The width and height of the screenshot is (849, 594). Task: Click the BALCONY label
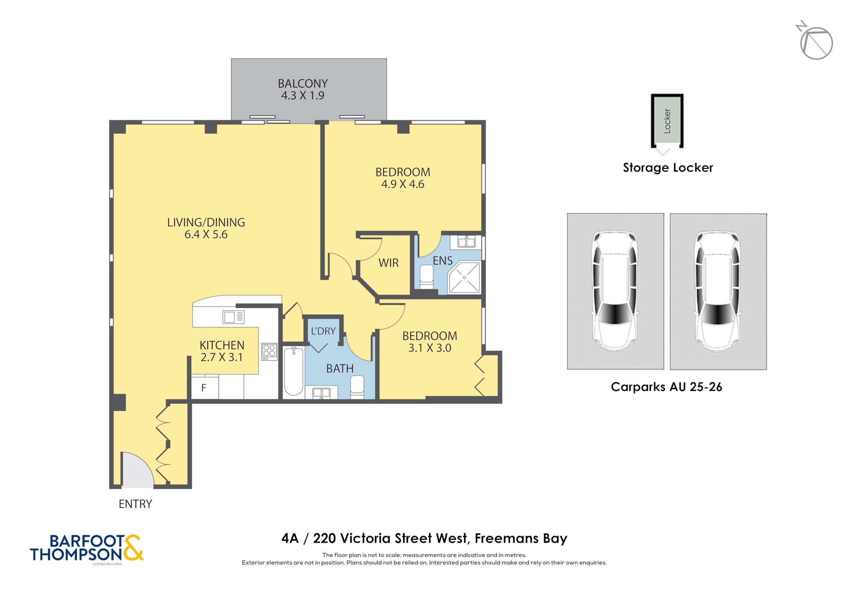pos(303,83)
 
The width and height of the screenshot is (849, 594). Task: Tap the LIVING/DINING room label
pos(206,222)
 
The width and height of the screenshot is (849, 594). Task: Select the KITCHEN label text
pos(222,345)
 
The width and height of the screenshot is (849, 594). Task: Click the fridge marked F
pos(204,388)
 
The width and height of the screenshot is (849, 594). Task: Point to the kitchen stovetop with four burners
pos(269,352)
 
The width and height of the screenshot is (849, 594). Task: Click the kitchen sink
pos(233,317)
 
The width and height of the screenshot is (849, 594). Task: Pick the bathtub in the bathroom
pos(294,371)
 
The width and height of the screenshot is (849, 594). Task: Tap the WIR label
pos(388,263)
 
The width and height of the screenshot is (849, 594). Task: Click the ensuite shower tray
pos(464,277)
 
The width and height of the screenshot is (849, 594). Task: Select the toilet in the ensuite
pos(427,276)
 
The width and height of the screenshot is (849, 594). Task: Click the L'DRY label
pos(323,331)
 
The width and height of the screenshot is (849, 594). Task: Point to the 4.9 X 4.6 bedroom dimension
pos(403,184)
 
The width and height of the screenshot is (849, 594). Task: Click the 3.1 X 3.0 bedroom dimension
pos(429,348)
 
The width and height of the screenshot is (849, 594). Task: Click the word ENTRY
pos(135,504)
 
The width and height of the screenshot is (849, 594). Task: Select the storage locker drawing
pos(667,121)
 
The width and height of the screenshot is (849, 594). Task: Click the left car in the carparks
pos(615,291)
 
